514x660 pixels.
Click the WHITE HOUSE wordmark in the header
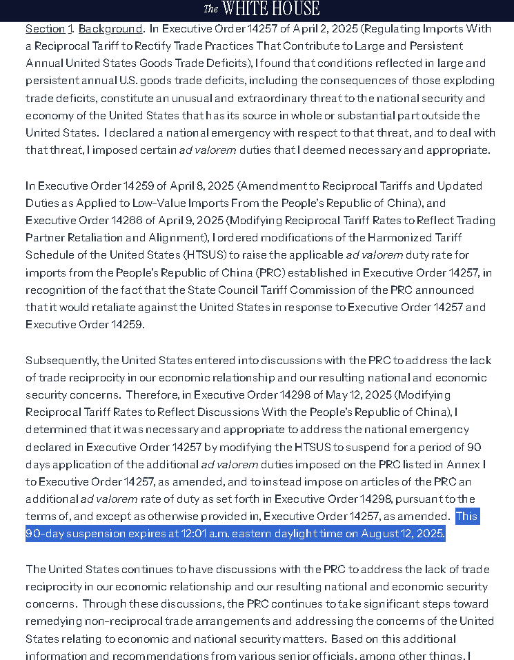262,9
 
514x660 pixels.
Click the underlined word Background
110,29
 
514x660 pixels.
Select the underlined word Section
46,29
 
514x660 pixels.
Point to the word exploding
461,81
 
